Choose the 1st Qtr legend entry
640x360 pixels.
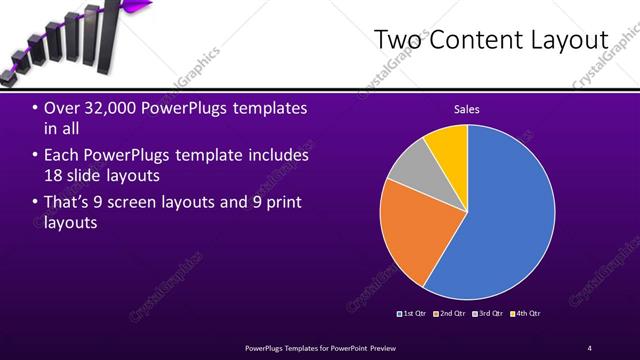[x=414, y=313]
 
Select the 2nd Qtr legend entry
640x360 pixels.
[x=452, y=313]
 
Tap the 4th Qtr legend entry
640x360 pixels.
[x=527, y=313]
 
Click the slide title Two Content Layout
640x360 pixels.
[x=491, y=40]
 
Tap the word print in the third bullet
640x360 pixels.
[x=280, y=203]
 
